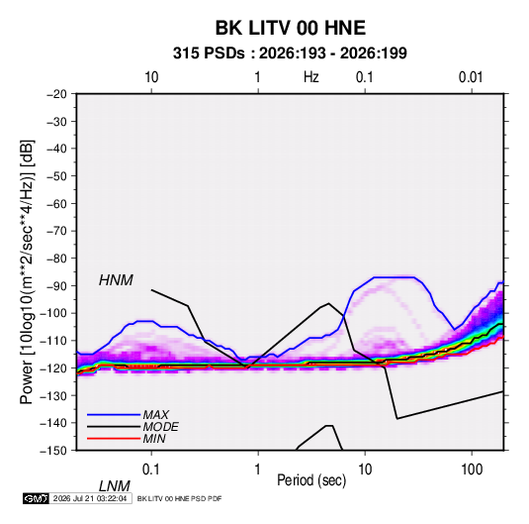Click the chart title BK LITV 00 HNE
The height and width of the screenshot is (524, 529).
pos(291,28)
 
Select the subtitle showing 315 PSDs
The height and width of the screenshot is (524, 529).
pos(290,53)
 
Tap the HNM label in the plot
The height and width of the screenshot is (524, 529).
pos(116,280)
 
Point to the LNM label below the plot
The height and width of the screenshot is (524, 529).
pos(115,486)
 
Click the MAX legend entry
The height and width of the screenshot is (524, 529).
pos(156,414)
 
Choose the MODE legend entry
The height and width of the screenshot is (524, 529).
pos(160,427)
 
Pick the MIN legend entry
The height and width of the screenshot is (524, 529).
pos(154,439)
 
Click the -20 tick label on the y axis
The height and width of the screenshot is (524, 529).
pos(56,94)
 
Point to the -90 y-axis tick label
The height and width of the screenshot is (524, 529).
pos(56,286)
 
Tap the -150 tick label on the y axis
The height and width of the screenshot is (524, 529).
pos(53,451)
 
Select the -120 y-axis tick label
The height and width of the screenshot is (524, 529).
pos(53,368)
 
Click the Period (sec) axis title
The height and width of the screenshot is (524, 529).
pos(311,480)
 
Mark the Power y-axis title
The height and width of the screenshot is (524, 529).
pos(27,272)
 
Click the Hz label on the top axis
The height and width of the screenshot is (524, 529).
pos(311,77)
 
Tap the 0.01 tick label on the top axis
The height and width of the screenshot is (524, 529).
pos(471,77)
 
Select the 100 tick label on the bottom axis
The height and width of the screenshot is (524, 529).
pos(472,470)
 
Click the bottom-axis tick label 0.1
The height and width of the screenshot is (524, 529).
pos(150,470)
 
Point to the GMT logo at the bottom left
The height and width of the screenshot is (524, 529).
pos(37,498)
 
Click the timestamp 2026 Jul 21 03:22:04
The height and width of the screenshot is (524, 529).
pos(90,498)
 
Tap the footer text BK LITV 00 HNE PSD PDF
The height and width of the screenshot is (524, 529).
pos(180,498)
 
